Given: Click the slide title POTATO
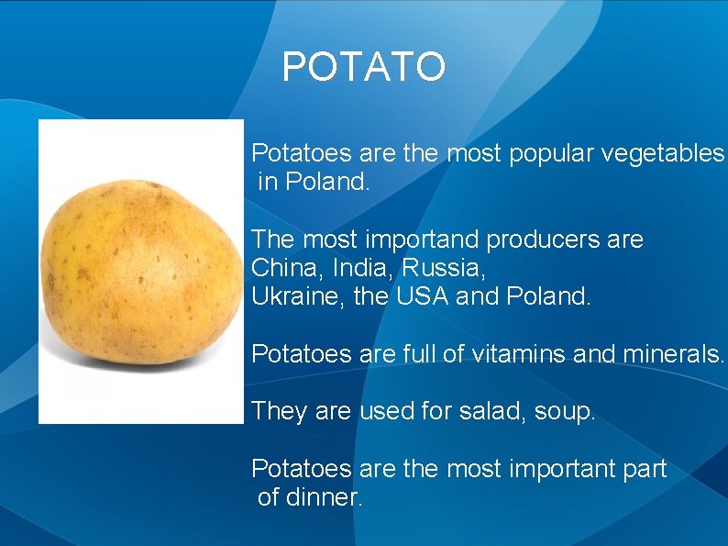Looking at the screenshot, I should point(364,67).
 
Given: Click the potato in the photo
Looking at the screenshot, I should point(139,271).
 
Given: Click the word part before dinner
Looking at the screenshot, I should point(645,469).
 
